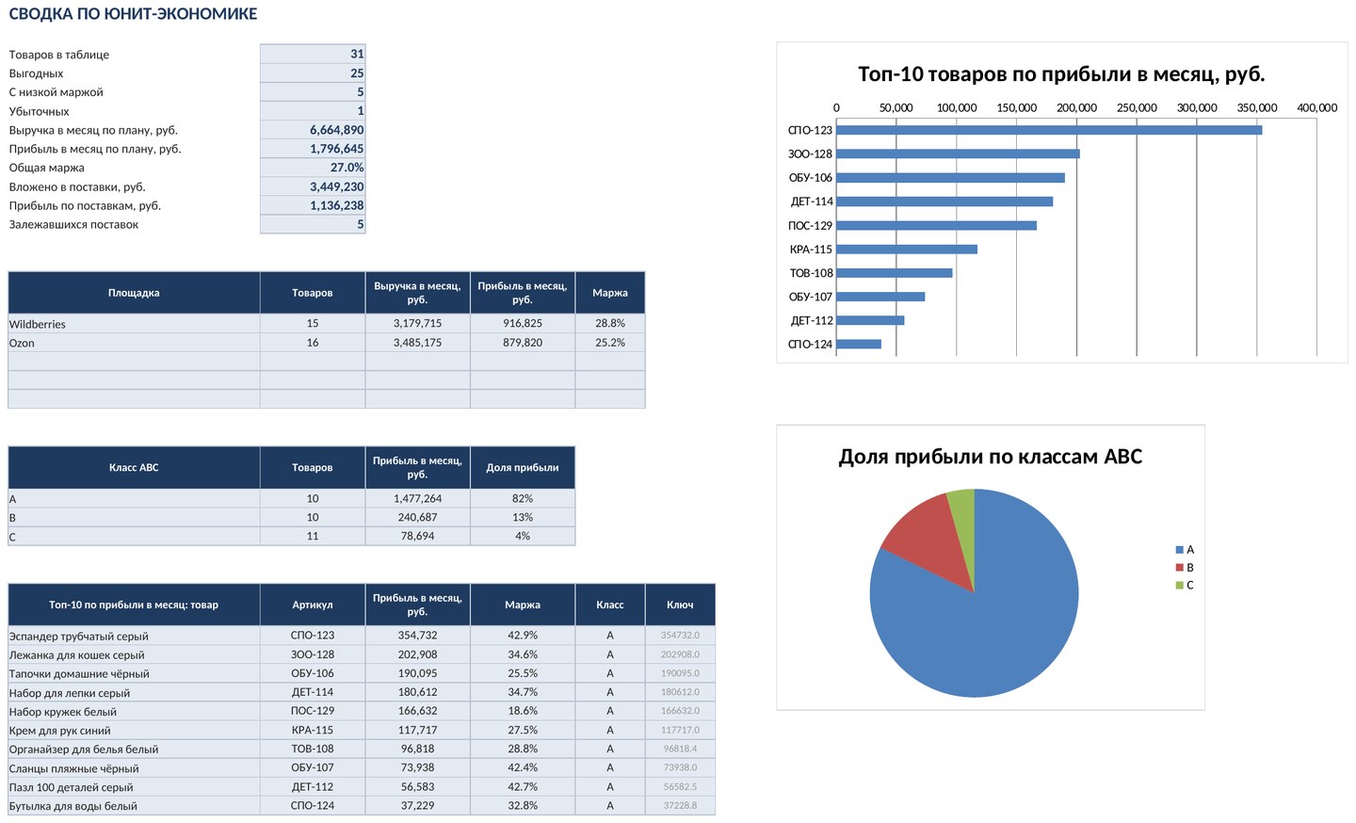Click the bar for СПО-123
(1048, 130)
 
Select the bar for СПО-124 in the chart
(859, 344)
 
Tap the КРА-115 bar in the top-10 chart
(906, 250)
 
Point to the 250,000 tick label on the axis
(1137, 107)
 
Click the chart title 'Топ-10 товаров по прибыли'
(1061, 73)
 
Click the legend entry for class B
(1185, 568)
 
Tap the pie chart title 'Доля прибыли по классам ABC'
(991, 457)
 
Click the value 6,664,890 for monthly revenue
(336, 130)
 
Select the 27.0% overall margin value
(347, 168)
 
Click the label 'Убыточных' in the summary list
(39, 111)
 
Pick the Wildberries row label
(37, 324)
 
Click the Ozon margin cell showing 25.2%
(609, 343)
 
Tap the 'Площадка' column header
(134, 293)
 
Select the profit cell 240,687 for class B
(417, 517)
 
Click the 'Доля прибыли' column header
(523, 467)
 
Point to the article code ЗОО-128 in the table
(313, 654)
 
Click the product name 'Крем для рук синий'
(60, 731)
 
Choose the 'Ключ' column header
(680, 605)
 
